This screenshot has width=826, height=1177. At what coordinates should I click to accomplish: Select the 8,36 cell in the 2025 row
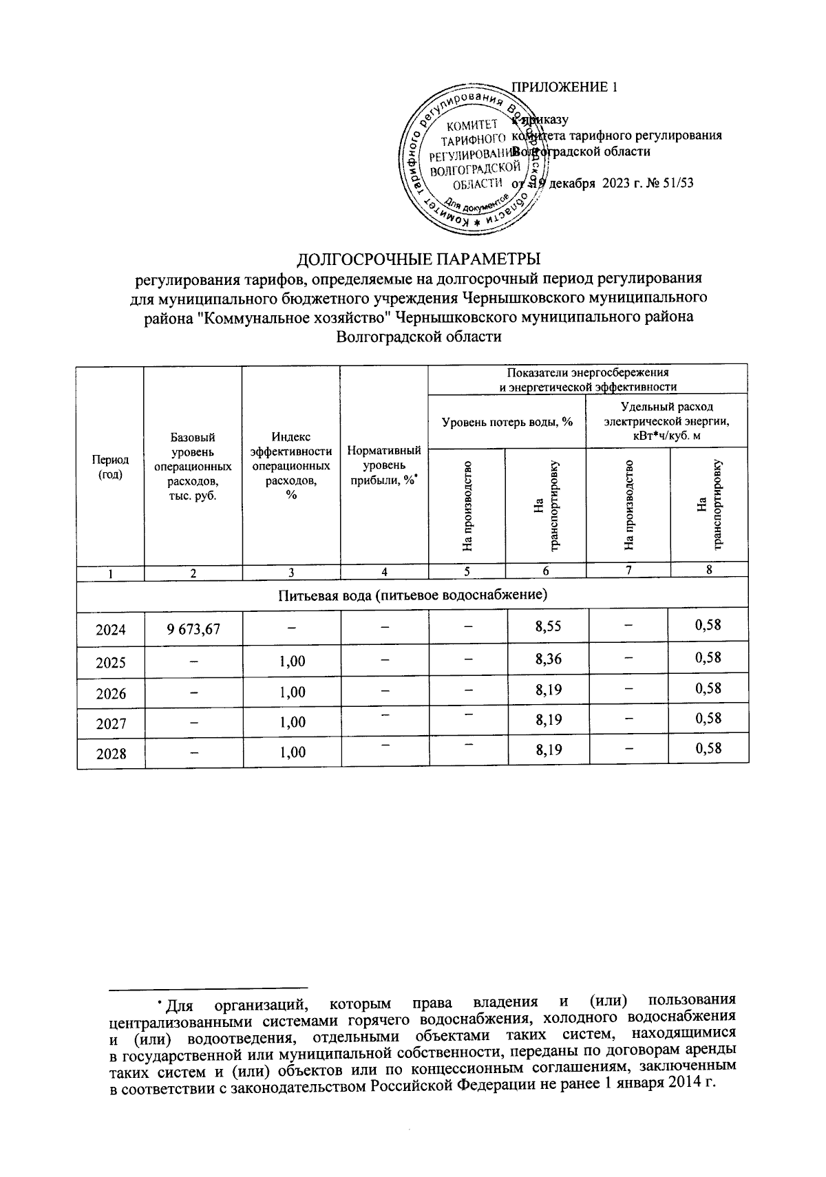click(549, 659)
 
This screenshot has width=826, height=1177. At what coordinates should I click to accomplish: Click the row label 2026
click(111, 693)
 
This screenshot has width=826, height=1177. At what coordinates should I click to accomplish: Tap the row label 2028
click(111, 753)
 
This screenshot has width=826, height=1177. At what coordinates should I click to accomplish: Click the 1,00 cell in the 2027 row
click(293, 722)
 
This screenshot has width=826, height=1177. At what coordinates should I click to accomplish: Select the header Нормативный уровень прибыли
click(384, 466)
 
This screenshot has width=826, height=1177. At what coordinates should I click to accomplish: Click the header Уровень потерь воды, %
click(507, 421)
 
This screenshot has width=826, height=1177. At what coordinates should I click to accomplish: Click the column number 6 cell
click(547, 571)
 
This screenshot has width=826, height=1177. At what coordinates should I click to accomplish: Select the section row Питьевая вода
click(412, 594)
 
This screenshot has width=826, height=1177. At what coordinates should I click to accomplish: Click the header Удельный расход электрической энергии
click(666, 421)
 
